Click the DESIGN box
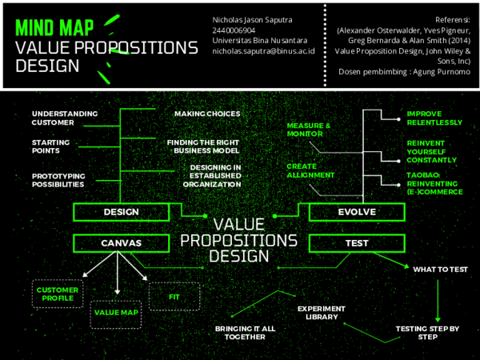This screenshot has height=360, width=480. click(x=122, y=212)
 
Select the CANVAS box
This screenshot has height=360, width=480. click(x=122, y=242)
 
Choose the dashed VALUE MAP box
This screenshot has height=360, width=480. click(x=117, y=313)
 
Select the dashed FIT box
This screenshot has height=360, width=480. click(x=174, y=297)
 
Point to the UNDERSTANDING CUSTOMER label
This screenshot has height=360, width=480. click(x=64, y=118)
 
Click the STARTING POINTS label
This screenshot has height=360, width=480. click(x=50, y=146)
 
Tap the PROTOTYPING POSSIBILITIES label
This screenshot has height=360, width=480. click(x=58, y=180)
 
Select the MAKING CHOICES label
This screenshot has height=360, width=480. click(x=207, y=114)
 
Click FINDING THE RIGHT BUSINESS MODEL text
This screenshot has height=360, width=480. click(x=203, y=146)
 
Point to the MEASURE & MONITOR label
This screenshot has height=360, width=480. click(x=309, y=130)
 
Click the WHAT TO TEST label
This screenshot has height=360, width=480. click(x=440, y=270)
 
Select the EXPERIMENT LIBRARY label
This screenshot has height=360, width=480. click(x=321, y=312)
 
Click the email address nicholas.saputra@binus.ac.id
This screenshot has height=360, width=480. click(x=263, y=50)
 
